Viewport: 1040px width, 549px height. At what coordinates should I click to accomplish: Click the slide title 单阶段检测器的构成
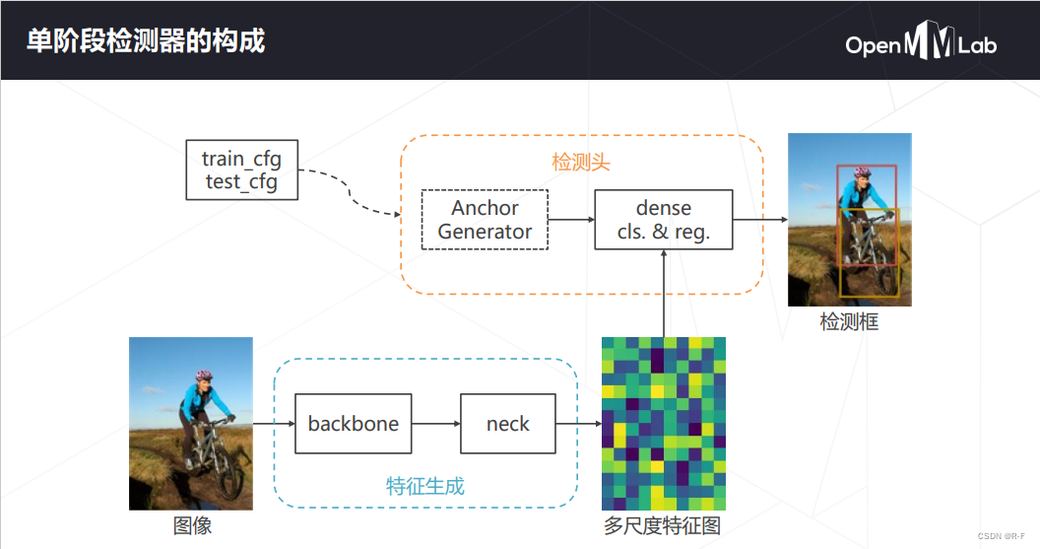pyautogui.click(x=145, y=41)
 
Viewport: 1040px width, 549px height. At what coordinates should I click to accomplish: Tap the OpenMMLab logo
pyautogui.click(x=920, y=45)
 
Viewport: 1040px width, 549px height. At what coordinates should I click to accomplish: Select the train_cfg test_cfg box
pyautogui.click(x=241, y=171)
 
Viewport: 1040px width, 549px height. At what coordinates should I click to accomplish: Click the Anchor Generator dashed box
pyautogui.click(x=485, y=220)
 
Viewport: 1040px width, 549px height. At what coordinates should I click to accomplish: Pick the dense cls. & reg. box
pyautogui.click(x=664, y=220)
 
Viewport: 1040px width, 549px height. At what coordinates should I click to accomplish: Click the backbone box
pyautogui.click(x=354, y=424)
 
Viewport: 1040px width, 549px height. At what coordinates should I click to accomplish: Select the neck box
pyautogui.click(x=507, y=424)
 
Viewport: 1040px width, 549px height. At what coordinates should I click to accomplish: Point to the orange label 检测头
pyautogui.click(x=581, y=163)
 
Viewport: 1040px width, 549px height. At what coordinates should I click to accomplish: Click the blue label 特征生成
pyautogui.click(x=424, y=485)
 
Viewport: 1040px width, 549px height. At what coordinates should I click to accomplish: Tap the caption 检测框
pyautogui.click(x=849, y=321)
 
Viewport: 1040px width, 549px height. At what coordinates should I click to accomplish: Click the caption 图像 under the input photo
pyautogui.click(x=192, y=525)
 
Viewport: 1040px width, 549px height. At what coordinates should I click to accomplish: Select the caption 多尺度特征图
pyautogui.click(x=663, y=525)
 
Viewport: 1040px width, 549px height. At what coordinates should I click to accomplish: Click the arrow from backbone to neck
pyautogui.click(x=435, y=424)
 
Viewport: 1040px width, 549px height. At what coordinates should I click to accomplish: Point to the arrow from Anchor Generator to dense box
pyautogui.click(x=571, y=220)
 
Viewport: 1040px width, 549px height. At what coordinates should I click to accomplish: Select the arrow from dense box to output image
pyautogui.click(x=760, y=220)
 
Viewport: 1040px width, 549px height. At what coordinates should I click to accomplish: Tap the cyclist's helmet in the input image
pyautogui.click(x=204, y=376)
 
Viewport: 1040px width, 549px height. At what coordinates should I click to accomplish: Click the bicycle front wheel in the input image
pyautogui.click(x=230, y=479)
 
